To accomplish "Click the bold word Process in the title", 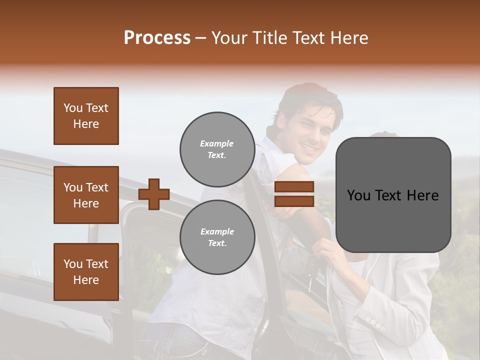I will pos(157,38).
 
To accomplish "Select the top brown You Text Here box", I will pos(86,116).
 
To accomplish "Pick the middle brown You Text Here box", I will pos(86,195).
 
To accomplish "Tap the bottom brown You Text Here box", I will pos(86,271).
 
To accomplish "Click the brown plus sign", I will pos(153,194).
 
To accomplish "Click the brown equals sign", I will pos(294,194).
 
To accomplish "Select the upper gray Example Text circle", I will pos(217,149).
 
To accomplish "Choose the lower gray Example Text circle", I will pos(217,237).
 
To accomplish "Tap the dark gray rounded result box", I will pos(393,195).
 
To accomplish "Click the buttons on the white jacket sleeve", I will pos(375,322).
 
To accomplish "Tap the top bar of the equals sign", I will pos(294,187).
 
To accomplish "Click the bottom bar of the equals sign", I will pos(294,201).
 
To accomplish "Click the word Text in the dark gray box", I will pos(392,195).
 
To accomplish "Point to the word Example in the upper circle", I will pos(217,143).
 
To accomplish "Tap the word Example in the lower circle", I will pos(217,231).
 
